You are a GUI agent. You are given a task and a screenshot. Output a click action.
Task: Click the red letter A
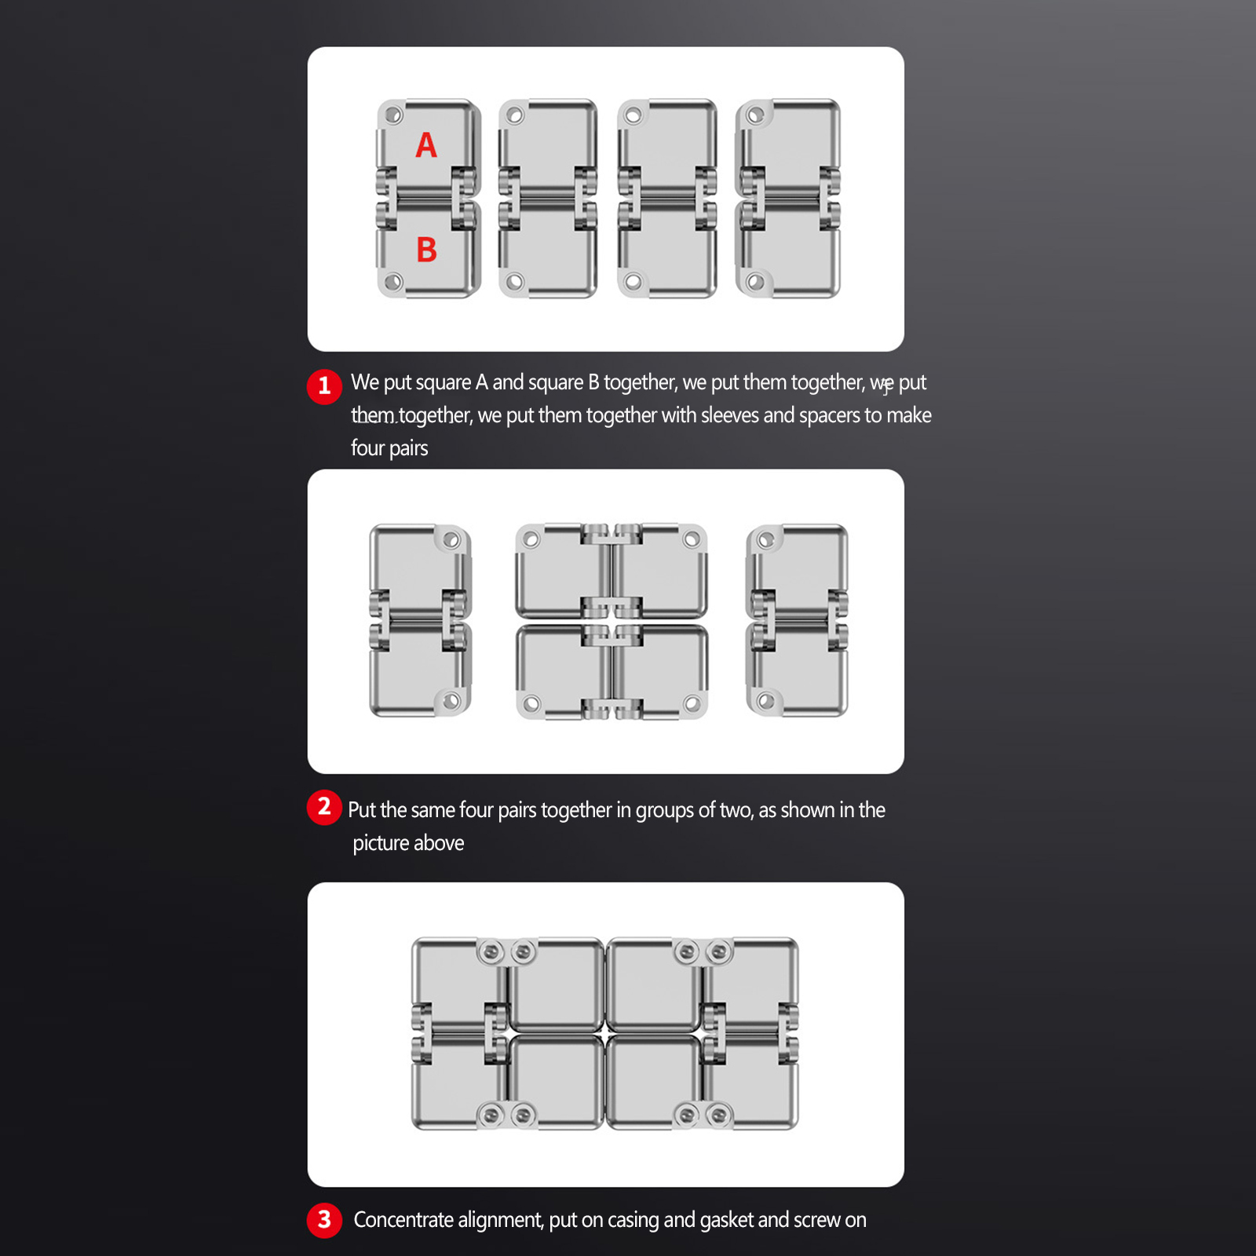point(426,144)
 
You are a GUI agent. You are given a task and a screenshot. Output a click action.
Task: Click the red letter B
point(426,250)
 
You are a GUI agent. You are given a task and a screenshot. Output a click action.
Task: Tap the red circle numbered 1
point(324,386)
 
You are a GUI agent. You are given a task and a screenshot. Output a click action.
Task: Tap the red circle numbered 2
point(324,807)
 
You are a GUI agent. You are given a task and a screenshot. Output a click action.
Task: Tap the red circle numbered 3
point(324,1220)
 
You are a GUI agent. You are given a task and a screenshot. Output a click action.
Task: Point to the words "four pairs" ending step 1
point(389,449)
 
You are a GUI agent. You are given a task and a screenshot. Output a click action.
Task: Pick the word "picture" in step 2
point(381,844)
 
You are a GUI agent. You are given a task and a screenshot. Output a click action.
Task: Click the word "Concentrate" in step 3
point(403,1220)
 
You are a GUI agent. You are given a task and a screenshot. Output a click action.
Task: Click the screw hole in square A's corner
point(393,115)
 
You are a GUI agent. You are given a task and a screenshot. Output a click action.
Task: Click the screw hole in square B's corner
point(393,281)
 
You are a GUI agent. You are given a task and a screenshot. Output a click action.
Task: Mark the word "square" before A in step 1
point(444,383)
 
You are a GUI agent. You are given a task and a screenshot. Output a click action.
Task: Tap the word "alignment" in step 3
point(500,1221)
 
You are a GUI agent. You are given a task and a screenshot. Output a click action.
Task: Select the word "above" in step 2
point(439,843)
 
